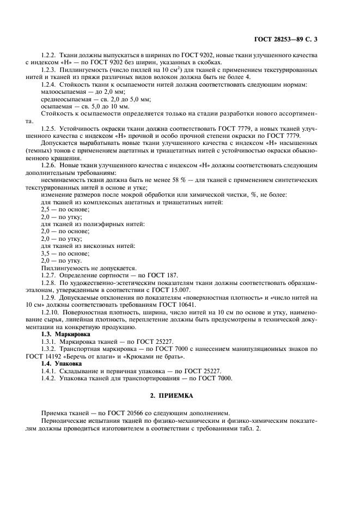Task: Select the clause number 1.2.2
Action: pos(51,56)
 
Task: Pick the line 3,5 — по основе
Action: pos(63,253)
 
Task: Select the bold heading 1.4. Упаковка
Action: pos(62,363)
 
